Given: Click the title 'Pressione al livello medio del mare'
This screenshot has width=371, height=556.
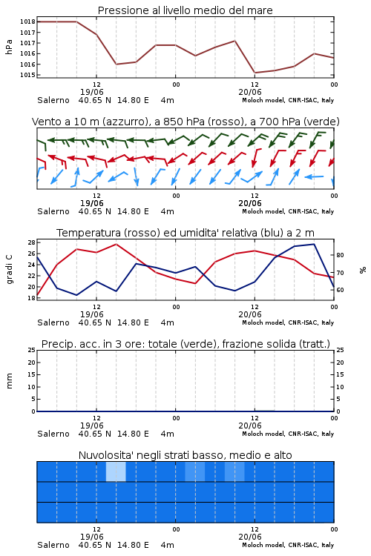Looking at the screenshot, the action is [185, 10].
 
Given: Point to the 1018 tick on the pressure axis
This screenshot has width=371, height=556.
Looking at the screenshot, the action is [27, 21].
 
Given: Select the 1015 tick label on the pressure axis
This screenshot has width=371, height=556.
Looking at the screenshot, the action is [27, 75].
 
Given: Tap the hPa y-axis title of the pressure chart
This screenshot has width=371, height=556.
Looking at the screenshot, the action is [9, 47].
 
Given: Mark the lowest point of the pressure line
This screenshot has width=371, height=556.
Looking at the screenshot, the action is [255, 73].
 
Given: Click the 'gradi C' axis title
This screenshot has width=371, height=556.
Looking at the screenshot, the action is [9, 270].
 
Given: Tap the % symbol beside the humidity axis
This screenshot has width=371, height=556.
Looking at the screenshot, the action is [363, 270].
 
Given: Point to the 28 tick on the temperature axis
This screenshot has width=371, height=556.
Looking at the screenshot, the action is [31, 242].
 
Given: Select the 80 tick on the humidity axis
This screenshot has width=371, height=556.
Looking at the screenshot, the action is [340, 255].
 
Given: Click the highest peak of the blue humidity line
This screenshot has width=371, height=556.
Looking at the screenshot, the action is [314, 244].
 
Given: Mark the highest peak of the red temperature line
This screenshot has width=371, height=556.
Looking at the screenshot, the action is [116, 244].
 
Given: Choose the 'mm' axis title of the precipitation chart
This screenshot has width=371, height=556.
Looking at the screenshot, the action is [9, 381].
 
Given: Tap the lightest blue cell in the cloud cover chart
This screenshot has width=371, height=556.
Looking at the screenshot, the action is [116, 471].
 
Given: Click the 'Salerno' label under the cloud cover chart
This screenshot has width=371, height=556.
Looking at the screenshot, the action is [53, 545].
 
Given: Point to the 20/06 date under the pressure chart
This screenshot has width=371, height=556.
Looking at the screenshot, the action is [250, 92].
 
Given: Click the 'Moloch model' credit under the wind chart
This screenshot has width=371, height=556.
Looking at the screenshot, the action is [263, 211].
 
